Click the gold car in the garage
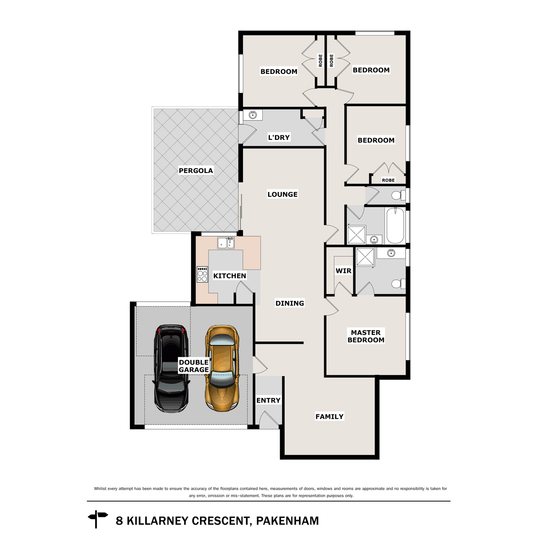point(221,367)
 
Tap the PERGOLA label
point(195,171)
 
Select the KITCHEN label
point(230,276)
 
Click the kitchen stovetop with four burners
point(202,274)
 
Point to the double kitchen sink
point(226,243)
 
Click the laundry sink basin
point(253,116)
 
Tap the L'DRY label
point(279,138)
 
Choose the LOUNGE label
point(282,194)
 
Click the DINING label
point(290,304)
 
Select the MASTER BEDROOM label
point(366,336)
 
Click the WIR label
point(343,271)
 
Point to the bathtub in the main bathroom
point(395,225)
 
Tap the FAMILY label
point(330,417)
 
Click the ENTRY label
point(268,400)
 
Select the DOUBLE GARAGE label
point(194,366)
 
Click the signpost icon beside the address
point(98,519)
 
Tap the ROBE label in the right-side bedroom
point(388,180)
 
